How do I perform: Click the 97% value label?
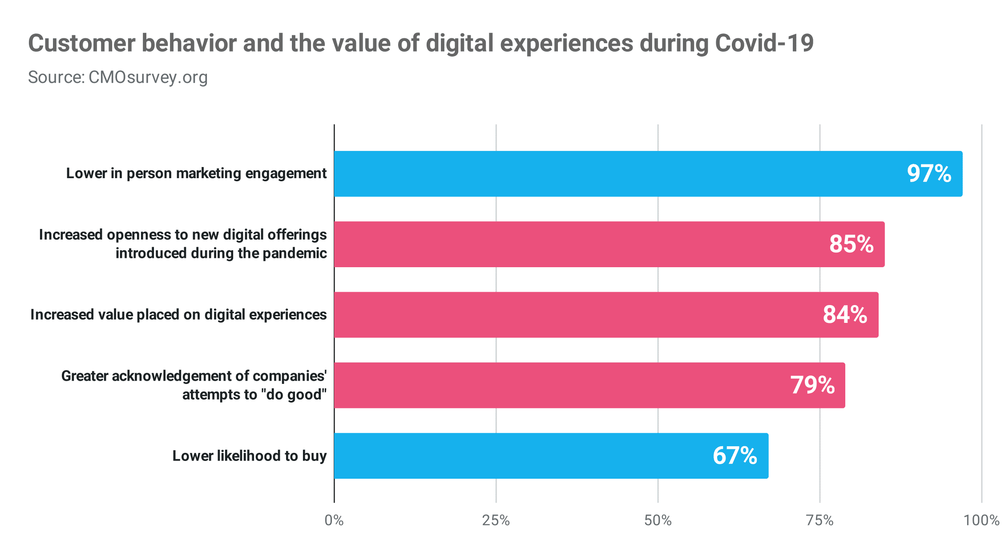(929, 174)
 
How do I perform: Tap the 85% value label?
(851, 244)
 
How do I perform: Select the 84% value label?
(845, 314)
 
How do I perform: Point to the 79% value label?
(812, 385)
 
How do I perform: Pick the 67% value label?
(735, 456)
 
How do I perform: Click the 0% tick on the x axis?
(334, 520)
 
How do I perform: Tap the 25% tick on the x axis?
(496, 520)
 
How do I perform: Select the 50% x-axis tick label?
(658, 520)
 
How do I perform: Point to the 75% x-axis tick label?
(820, 520)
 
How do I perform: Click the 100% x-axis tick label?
(981, 520)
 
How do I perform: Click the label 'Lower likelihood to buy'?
(250, 456)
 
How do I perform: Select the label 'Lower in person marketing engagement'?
(196, 173)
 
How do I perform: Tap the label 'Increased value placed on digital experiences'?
(178, 315)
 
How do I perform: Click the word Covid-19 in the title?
(764, 44)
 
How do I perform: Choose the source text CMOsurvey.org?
(148, 77)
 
